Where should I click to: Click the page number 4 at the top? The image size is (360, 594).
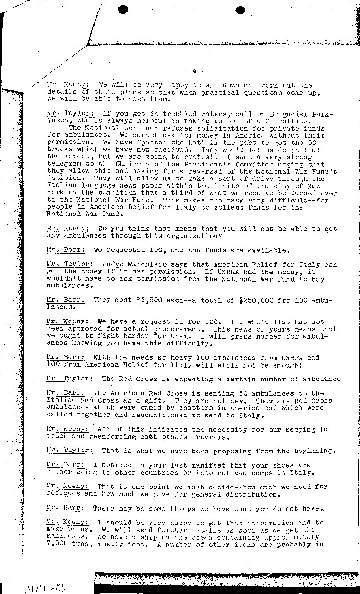(x=194, y=71)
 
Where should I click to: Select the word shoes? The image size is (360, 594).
(x=285, y=465)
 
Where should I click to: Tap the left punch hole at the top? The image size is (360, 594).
(x=124, y=10)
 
